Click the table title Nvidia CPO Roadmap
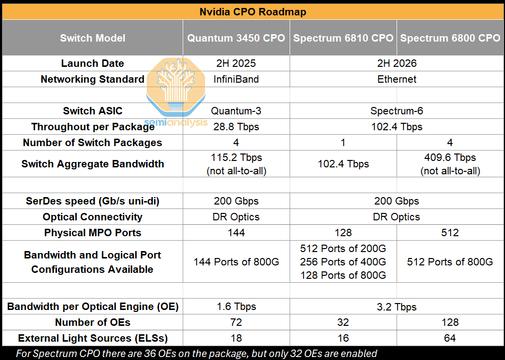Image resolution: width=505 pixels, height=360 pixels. click(x=252, y=12)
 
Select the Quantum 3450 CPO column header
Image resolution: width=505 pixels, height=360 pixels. click(x=236, y=38)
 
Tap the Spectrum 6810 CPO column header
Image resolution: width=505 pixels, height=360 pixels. click(x=343, y=38)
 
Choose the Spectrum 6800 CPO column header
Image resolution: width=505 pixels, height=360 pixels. click(x=450, y=38)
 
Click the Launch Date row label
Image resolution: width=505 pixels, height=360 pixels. click(x=93, y=63)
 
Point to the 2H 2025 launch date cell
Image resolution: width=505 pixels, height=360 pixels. click(x=236, y=63)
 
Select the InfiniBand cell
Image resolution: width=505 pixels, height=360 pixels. click(x=236, y=79)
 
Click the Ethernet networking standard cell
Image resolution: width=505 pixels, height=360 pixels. click(x=397, y=79)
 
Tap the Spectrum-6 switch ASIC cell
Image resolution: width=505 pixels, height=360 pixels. click(x=397, y=111)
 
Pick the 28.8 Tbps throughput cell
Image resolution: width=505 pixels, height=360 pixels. click(x=236, y=127)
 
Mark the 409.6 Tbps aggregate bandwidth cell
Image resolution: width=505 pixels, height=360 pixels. click(x=450, y=164)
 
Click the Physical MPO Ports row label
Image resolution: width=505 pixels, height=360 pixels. click(x=93, y=233)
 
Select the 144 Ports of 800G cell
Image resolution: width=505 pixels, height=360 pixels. click(x=236, y=262)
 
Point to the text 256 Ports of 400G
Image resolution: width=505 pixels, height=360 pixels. click(x=343, y=262)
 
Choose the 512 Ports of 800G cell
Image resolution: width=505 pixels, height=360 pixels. click(x=450, y=262)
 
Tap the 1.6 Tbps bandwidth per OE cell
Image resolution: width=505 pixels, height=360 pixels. click(x=236, y=307)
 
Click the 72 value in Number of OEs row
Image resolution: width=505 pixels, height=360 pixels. click(x=236, y=322)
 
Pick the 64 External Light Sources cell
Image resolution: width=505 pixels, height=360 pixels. click(x=450, y=338)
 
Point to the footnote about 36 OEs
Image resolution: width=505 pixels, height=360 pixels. click(x=197, y=354)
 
